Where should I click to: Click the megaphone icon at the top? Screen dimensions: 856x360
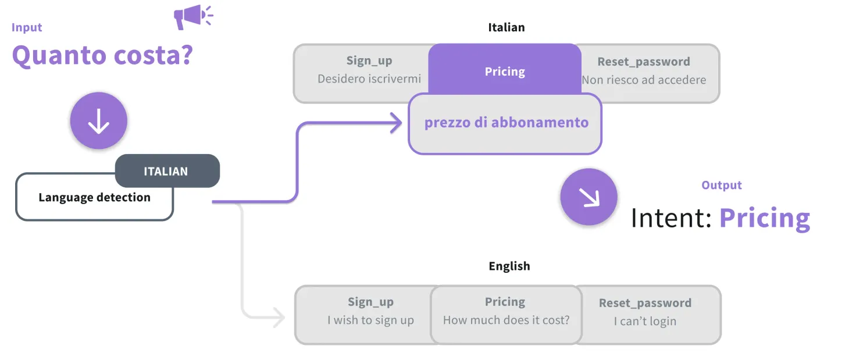pyautogui.click(x=194, y=16)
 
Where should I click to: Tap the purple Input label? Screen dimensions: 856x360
pyautogui.click(x=27, y=27)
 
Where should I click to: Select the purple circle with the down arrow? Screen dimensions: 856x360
pyautogui.click(x=99, y=120)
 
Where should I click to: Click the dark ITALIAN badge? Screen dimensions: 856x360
pyautogui.click(x=167, y=171)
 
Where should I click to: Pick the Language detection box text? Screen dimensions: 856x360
pyautogui.click(x=94, y=197)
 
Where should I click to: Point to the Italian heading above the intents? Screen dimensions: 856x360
pyautogui.click(x=507, y=27)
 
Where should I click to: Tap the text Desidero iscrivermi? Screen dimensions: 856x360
pyautogui.click(x=369, y=79)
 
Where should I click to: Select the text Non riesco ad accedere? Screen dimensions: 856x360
pyautogui.click(x=644, y=80)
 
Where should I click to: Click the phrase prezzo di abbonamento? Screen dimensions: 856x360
pyautogui.click(x=507, y=123)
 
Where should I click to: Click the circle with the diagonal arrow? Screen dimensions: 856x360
pyautogui.click(x=589, y=197)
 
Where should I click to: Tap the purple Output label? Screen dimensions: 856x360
pyautogui.click(x=722, y=185)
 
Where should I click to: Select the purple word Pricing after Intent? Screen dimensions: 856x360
pyautogui.click(x=765, y=219)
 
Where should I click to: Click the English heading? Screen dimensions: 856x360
pyautogui.click(x=509, y=266)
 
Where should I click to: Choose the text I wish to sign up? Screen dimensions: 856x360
pyautogui.click(x=370, y=320)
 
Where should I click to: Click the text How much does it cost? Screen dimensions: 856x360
pyautogui.click(x=507, y=320)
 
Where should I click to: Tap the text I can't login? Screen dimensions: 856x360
pyautogui.click(x=645, y=322)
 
